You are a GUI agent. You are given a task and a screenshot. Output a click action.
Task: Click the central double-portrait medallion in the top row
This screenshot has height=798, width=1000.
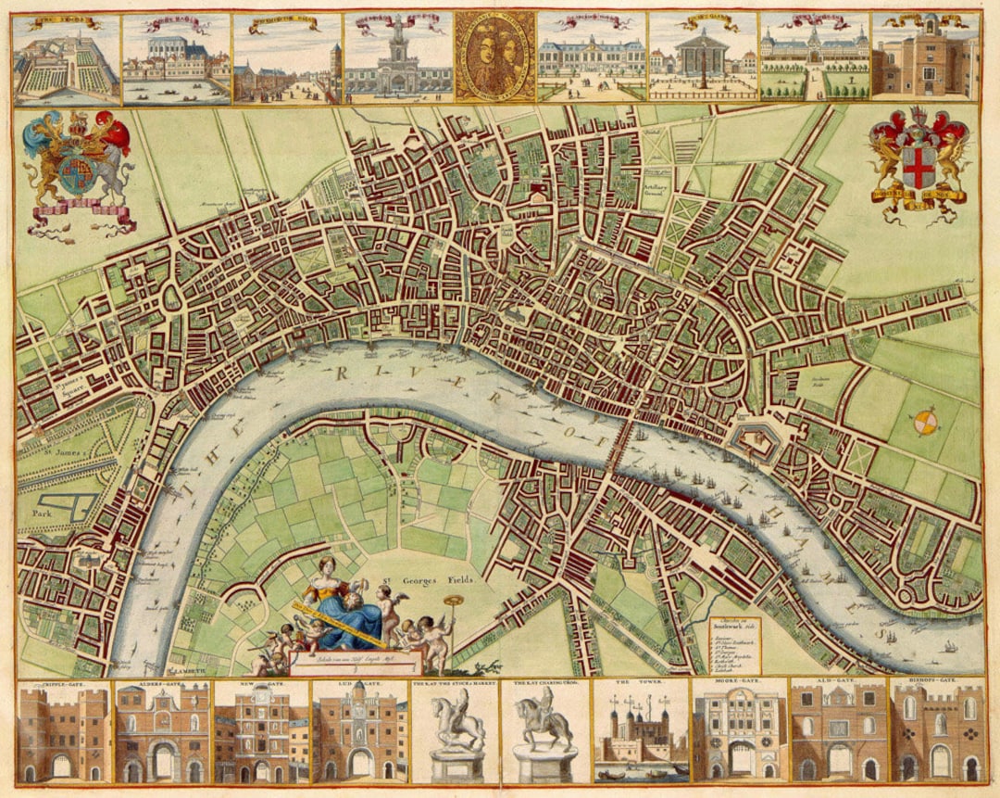(494, 56)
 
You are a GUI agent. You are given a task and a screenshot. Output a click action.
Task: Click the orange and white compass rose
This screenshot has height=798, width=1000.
(925, 423)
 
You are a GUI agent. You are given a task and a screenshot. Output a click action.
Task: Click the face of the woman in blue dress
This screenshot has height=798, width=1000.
(326, 566)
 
